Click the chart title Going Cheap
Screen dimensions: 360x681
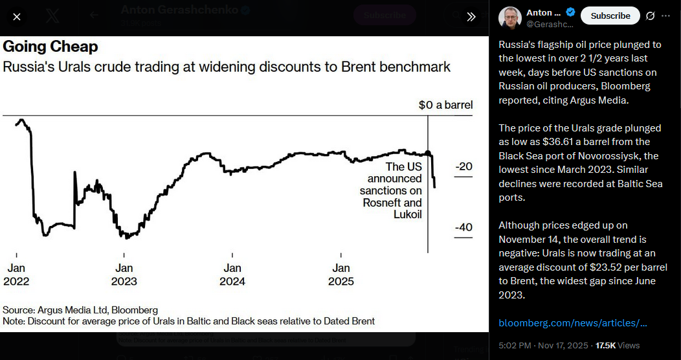click(50, 47)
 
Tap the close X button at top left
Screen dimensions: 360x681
click(17, 17)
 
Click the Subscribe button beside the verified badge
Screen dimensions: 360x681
click(610, 16)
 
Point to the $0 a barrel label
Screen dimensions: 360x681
click(445, 105)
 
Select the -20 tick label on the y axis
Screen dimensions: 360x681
click(463, 166)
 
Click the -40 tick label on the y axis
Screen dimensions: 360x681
click(463, 227)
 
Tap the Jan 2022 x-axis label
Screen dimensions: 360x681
click(16, 275)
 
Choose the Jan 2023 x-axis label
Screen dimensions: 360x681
click(124, 275)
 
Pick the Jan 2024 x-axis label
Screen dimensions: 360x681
click(232, 275)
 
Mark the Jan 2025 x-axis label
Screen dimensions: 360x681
click(341, 275)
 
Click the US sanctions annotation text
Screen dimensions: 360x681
click(392, 190)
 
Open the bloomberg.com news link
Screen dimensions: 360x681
click(572, 322)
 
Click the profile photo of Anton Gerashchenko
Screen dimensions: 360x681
click(510, 17)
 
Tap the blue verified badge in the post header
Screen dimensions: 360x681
click(570, 12)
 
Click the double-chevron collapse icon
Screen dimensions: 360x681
click(471, 17)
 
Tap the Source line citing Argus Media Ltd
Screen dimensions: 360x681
click(80, 310)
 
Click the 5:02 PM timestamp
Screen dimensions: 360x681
click(515, 346)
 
